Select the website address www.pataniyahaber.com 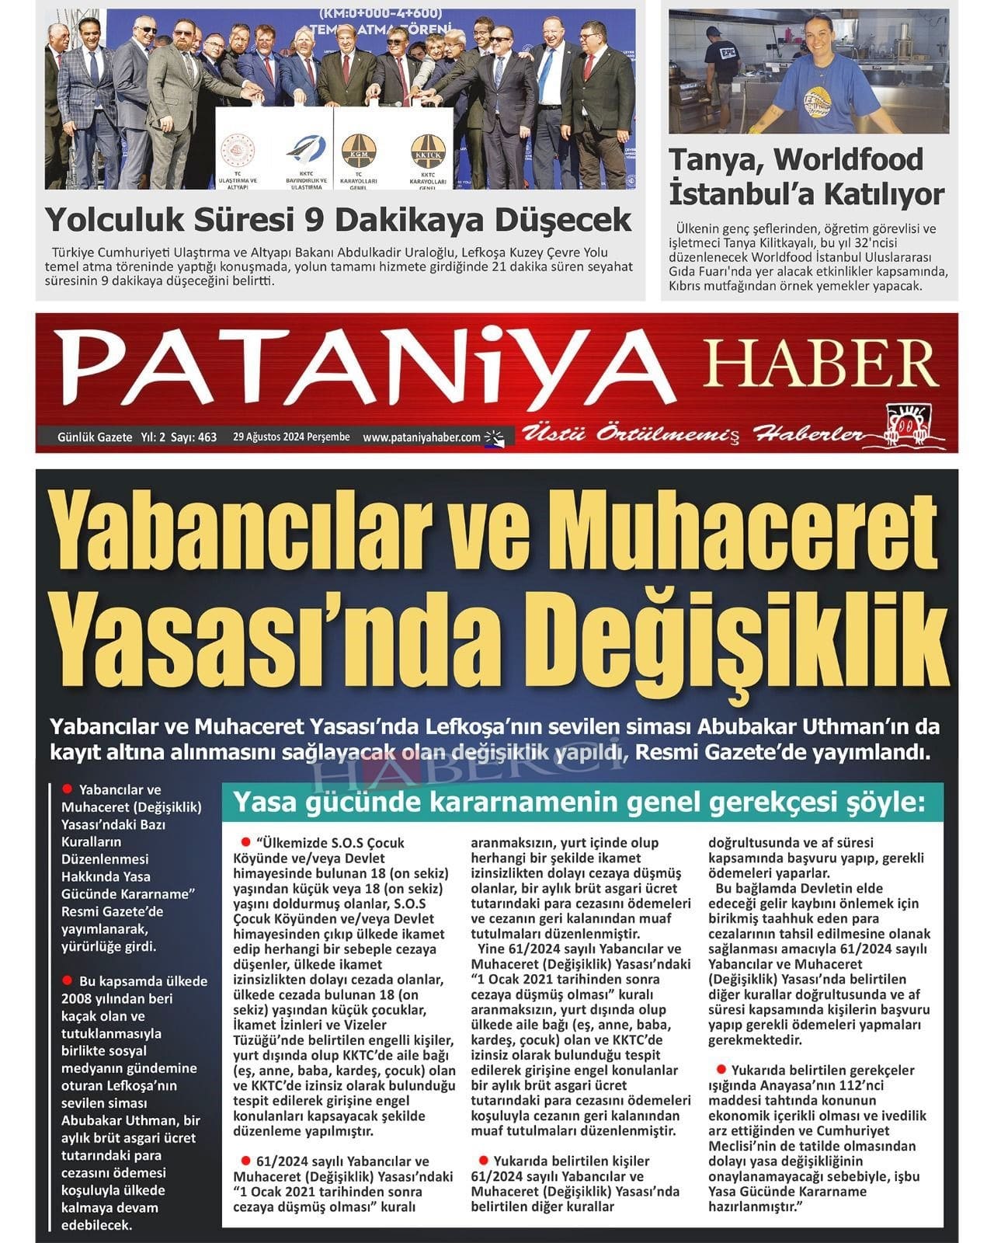point(422,437)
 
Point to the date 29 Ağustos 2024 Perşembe point(291,437)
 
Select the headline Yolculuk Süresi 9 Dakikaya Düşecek point(338,219)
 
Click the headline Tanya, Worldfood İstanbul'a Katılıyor point(806,176)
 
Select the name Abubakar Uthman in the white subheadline point(804,728)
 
